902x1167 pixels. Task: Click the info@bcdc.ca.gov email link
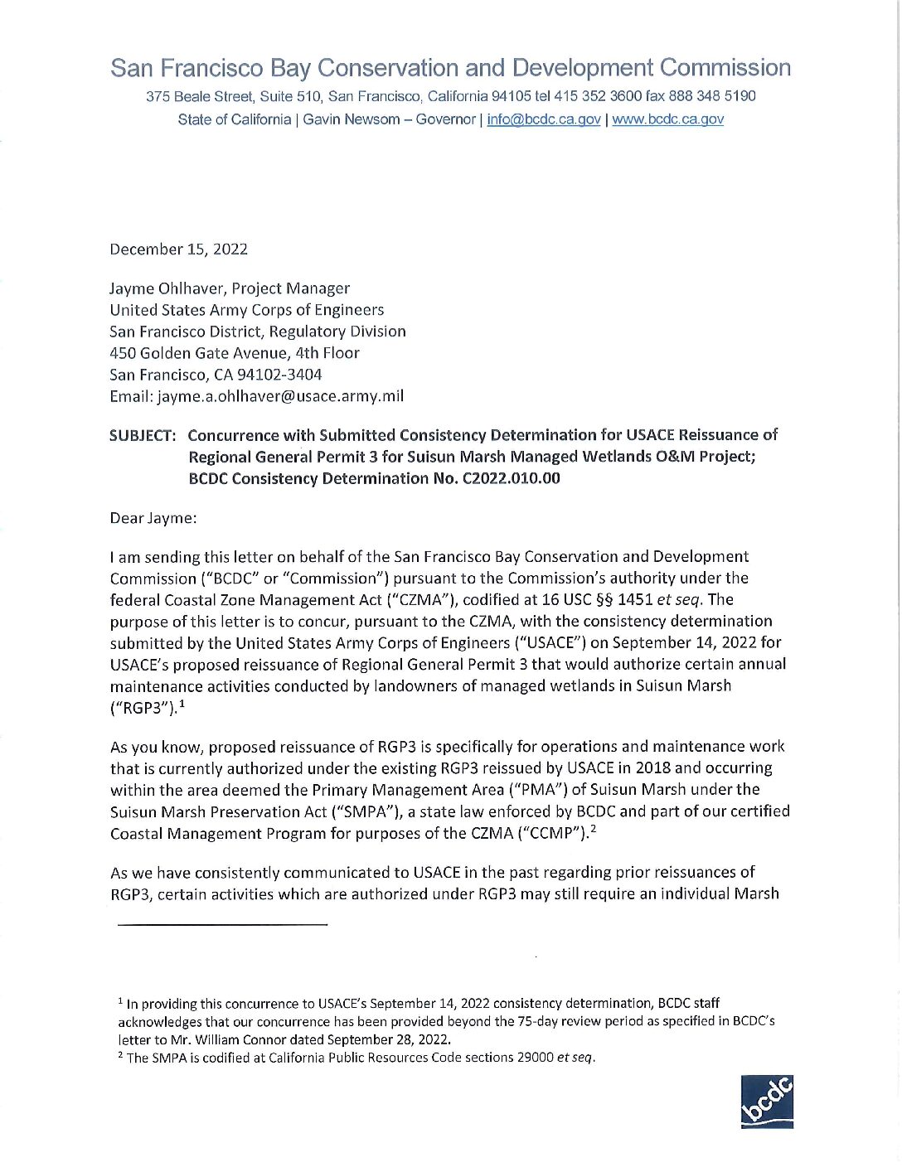pos(543,119)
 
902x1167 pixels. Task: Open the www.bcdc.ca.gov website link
pos(667,119)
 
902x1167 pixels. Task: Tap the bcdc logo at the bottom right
pos(767,1102)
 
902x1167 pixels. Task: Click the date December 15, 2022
pos(178,249)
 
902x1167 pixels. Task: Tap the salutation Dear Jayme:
pos(153,519)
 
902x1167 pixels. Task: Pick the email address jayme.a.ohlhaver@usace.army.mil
pos(280,396)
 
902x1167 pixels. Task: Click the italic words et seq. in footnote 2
pos(575,1058)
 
